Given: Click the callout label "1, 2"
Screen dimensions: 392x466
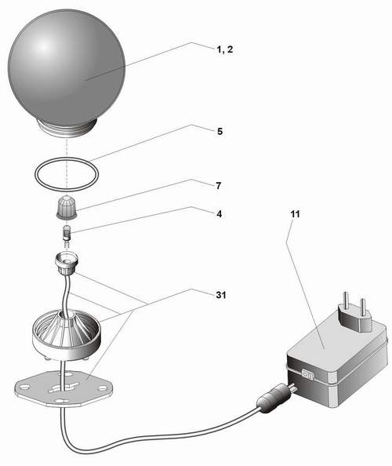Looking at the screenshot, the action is coord(224,49).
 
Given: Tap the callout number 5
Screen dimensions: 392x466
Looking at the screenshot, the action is coord(220,131).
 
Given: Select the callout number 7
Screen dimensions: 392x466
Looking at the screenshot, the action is coord(219,186).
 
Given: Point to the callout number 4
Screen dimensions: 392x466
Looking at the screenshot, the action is coord(220,213).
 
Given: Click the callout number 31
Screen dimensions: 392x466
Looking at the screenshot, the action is coord(221,295).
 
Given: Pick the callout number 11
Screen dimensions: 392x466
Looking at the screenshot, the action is coord(296,214).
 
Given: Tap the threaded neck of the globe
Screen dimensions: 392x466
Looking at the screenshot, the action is coord(68,129).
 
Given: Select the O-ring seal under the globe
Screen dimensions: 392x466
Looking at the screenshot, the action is coord(67,173).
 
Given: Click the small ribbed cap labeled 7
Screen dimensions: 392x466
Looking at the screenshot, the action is coord(67,207).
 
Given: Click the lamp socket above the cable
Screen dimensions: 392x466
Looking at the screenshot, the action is coord(66,264).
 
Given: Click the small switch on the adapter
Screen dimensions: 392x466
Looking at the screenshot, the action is coord(307,375).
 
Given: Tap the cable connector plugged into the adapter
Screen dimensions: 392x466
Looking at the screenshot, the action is coord(274,396).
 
